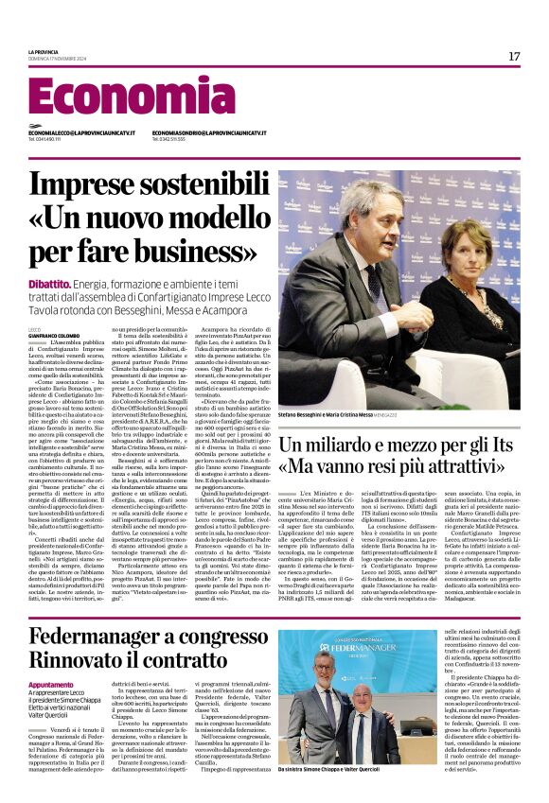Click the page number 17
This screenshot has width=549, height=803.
(x=514, y=57)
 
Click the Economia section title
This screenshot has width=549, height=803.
(x=118, y=96)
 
